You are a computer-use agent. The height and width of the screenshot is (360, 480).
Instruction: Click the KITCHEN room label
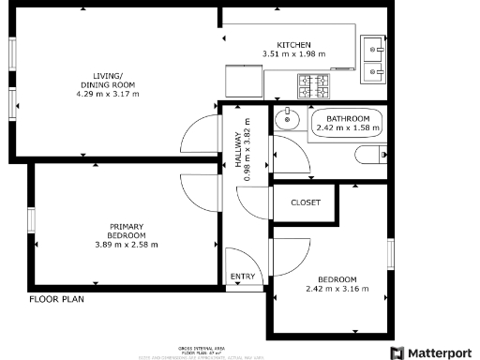click(293, 45)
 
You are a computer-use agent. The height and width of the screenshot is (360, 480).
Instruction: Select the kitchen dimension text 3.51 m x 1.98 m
click(293, 54)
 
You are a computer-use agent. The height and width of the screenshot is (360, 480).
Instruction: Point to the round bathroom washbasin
click(288, 120)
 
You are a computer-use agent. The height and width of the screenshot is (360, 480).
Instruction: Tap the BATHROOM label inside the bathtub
click(348, 118)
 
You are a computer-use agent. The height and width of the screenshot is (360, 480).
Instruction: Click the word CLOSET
click(306, 202)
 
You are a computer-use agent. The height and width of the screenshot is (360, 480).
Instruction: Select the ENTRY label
click(242, 276)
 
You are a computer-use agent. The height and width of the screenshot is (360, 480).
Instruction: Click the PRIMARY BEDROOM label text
click(126, 231)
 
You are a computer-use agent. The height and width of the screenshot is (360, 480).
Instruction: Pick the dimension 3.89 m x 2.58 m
click(126, 245)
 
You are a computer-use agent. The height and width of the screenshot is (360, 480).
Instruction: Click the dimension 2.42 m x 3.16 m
click(337, 289)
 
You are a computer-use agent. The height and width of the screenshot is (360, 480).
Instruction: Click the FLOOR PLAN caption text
click(56, 301)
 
